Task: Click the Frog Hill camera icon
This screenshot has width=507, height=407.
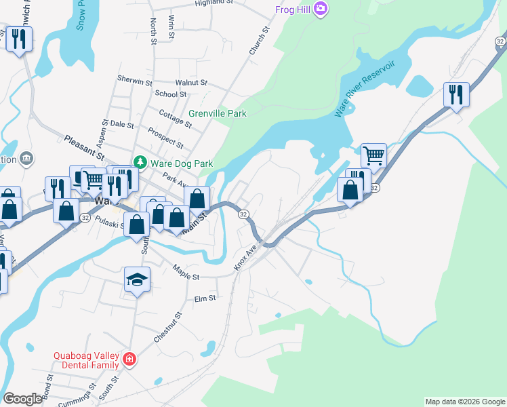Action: (321, 9)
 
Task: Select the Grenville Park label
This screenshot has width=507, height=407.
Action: (217, 113)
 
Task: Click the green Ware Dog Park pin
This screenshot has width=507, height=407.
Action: (140, 163)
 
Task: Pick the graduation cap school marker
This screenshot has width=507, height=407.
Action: (137, 280)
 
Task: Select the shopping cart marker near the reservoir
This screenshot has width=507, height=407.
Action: (373, 155)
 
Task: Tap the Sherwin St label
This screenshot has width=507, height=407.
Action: (135, 81)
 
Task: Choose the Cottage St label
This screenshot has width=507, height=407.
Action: (175, 118)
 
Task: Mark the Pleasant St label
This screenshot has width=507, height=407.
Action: (83, 148)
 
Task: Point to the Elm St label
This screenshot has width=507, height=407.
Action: (204, 298)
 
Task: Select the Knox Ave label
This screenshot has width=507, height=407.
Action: (247, 258)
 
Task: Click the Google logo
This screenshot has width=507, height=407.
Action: (22, 399)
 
